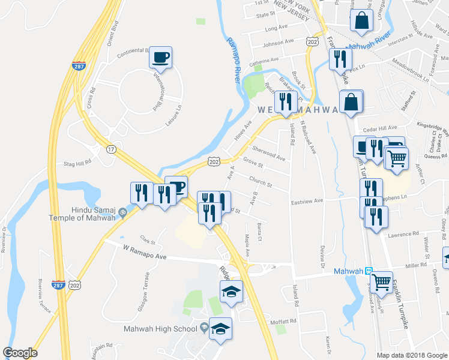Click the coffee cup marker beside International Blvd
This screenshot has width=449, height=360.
[x=160, y=58]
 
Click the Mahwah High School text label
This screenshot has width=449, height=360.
[x=160, y=328]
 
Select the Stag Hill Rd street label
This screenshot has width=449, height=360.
[x=77, y=163]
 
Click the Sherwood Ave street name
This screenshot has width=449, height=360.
[x=269, y=153]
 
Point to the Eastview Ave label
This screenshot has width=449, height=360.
[x=307, y=200]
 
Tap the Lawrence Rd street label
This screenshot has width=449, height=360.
[x=402, y=234]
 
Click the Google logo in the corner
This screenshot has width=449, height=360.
[x=20, y=353]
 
